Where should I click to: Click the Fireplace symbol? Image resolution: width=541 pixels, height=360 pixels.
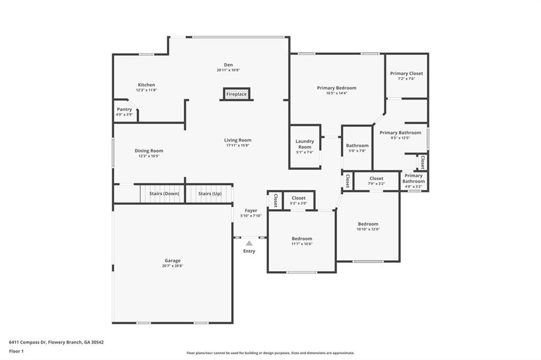236,94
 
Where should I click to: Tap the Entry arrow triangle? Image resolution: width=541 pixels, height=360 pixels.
249,243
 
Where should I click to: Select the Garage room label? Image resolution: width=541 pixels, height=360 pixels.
173,261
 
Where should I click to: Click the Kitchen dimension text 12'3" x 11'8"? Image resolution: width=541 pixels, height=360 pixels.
146,90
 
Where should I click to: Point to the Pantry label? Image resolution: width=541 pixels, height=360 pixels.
124,109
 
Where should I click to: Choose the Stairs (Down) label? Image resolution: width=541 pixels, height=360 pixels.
164,193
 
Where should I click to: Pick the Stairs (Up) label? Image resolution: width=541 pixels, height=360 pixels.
210,193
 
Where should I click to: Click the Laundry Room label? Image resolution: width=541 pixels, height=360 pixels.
305,144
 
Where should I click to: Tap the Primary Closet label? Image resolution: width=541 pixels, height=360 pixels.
406,73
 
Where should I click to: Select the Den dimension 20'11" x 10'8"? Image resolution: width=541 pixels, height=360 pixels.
228,70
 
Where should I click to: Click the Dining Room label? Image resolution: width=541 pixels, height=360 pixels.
148,150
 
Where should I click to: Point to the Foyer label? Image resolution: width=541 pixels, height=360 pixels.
251,210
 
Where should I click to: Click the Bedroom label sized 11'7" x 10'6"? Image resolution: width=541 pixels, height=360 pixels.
302,239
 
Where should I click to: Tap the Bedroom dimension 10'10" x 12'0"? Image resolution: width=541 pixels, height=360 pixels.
368,229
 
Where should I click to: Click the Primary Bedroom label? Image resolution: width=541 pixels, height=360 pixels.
337,88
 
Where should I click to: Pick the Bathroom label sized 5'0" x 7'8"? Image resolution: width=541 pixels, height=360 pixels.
357,146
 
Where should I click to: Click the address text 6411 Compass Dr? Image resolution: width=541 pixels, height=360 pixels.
27,343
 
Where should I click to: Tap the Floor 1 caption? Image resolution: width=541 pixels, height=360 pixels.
16,352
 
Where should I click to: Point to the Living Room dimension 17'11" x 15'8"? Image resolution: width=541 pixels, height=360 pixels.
238,145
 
